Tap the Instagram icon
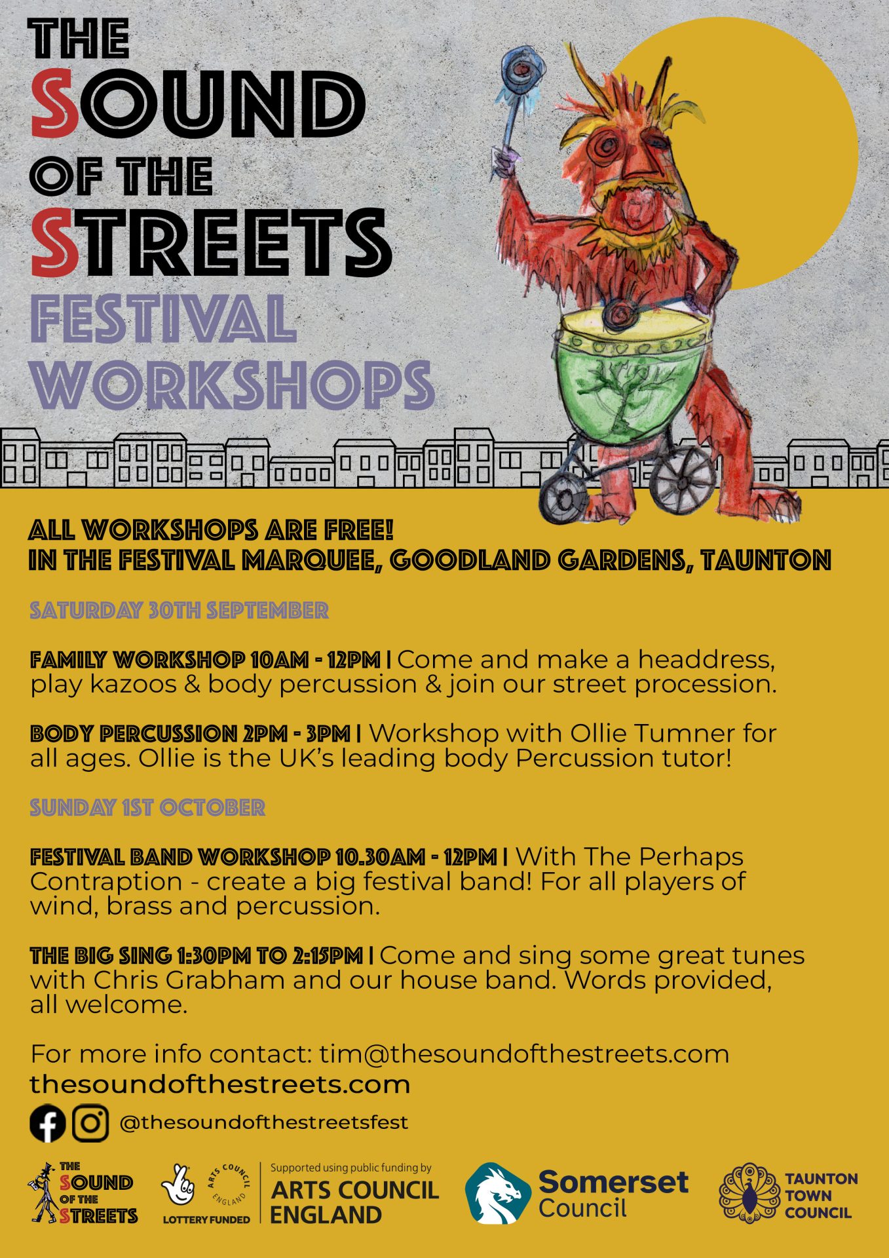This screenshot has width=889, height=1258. (90, 1123)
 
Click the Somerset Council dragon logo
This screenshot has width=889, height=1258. (498, 1194)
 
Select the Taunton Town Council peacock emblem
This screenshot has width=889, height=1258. (747, 1194)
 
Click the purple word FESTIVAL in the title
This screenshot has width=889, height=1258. (162, 319)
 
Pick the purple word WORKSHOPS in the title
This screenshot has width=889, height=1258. (233, 384)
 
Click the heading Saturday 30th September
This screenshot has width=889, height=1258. (179, 611)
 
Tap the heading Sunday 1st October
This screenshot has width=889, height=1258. (147, 808)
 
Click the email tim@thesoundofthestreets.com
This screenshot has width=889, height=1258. (524, 1054)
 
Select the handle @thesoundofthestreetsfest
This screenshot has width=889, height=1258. (264, 1122)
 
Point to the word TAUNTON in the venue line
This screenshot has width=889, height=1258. (766, 561)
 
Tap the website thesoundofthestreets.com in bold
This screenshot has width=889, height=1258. (220, 1084)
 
